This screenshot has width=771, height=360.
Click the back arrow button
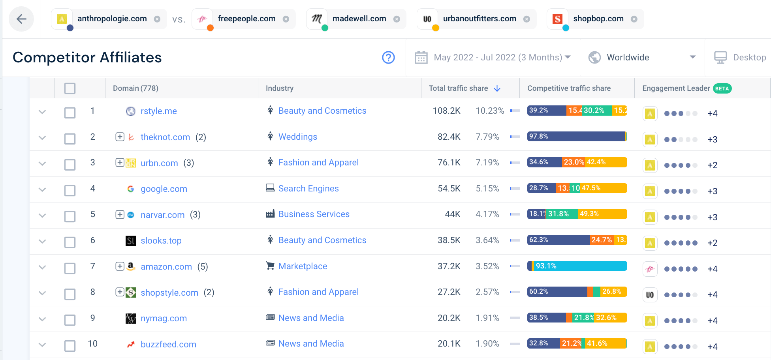point(21,19)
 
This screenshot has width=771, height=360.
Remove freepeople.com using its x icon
point(286,19)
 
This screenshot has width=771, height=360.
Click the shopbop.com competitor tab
point(598,19)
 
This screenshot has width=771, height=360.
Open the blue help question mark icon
point(388,58)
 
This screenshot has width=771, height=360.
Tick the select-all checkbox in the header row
point(70,88)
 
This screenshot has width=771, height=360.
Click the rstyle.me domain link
point(158,111)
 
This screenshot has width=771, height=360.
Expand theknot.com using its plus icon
point(120,137)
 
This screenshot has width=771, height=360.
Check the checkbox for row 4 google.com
point(70,190)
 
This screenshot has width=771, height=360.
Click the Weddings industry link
point(297,137)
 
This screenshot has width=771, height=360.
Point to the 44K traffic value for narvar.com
point(453,214)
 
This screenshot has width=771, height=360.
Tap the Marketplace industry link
point(303,266)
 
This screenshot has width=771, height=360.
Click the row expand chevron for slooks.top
point(42,241)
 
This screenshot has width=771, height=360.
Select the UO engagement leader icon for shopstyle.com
point(650,295)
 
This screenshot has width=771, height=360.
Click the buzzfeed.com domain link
point(168,345)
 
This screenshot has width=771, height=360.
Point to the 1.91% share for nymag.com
point(487,318)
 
